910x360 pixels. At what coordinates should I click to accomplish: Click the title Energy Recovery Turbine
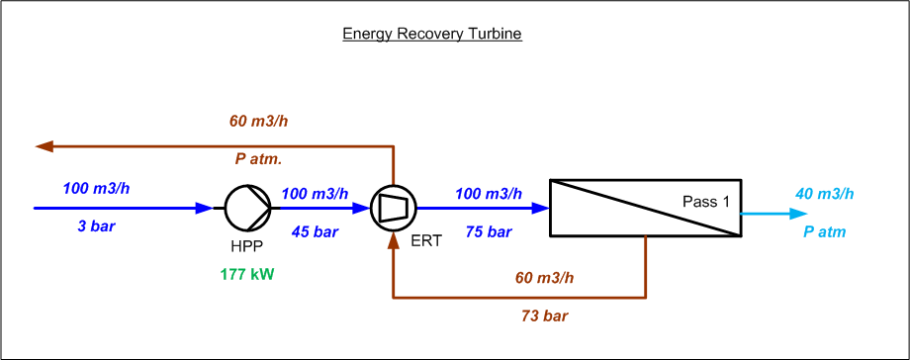(432, 35)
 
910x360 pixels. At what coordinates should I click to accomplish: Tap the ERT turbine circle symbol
(394, 208)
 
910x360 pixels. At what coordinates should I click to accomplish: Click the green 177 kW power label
(246, 275)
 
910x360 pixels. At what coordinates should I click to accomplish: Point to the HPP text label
(246, 246)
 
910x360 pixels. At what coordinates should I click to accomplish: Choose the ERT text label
(426, 241)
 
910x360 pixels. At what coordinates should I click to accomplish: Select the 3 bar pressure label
(96, 226)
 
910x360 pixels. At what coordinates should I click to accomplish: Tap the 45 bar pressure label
(316, 231)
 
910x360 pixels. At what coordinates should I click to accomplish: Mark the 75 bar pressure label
(489, 231)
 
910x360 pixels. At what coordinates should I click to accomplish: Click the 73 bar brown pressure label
(544, 316)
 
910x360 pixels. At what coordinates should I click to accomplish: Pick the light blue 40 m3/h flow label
(825, 194)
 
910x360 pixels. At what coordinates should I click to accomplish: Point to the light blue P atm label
(825, 232)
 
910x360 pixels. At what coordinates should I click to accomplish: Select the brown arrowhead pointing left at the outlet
(45, 146)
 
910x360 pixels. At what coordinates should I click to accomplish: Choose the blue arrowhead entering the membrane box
(540, 208)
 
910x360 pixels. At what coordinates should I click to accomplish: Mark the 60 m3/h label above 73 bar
(544, 278)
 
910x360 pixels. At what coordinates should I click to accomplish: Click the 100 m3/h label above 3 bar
(96, 188)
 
